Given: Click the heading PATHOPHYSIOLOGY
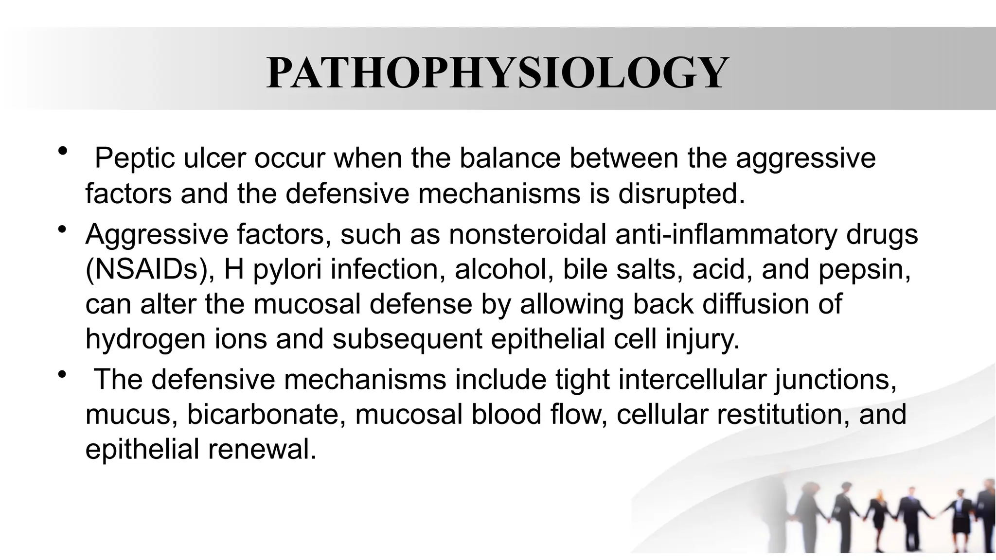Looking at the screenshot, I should pyautogui.click(x=497, y=73).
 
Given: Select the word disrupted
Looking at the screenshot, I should pyautogui.click(x=682, y=193).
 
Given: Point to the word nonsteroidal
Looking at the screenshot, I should pyautogui.click(x=527, y=234).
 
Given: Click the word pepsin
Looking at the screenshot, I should pyautogui.click(x=865, y=269).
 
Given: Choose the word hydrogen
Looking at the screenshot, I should pyautogui.click(x=145, y=339).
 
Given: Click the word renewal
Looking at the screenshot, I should pyautogui.click(x=262, y=449).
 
